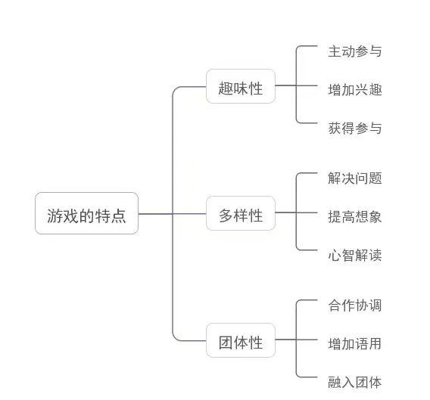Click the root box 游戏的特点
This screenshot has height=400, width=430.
[86, 213]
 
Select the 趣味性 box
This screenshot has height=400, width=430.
[241, 86]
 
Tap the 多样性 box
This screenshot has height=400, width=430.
[241, 213]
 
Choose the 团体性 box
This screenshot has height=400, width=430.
[241, 340]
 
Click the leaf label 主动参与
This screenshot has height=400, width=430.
[355, 51]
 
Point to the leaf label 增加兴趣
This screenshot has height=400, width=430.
[355, 89]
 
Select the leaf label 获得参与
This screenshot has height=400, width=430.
[355, 128]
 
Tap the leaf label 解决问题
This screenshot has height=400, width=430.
[355, 178]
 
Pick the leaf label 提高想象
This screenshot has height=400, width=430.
[355, 216]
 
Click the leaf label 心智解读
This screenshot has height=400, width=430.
[355, 255]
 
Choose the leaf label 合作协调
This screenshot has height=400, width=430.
[355, 305]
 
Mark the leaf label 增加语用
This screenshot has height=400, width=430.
[355, 343]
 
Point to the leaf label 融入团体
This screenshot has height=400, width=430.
[355, 382]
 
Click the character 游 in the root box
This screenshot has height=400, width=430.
[55, 216]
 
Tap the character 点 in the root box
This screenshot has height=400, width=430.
[118, 216]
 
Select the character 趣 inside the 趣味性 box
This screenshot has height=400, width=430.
[226, 88]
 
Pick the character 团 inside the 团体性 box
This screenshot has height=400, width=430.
[226, 343]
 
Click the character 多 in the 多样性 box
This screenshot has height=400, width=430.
[226, 216]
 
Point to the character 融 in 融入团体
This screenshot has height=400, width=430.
[335, 382]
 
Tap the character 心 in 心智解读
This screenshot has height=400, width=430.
[335, 255]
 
